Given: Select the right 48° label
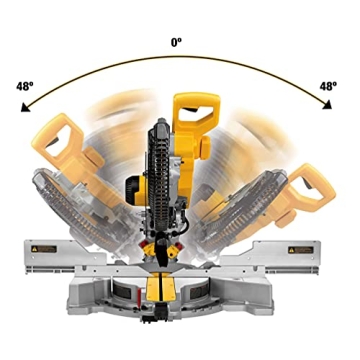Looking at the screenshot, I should (x=326, y=86).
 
